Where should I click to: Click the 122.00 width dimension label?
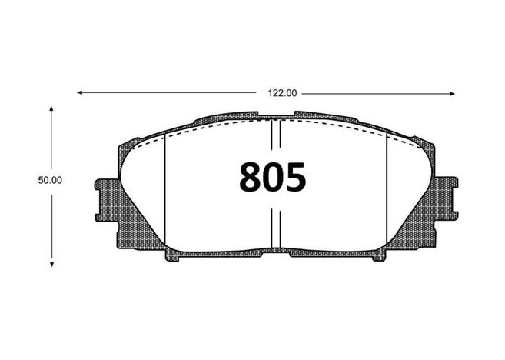[282, 94]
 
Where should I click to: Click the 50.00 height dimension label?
[50, 180]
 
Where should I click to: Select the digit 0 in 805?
[273, 177]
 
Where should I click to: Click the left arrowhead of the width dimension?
[79, 93]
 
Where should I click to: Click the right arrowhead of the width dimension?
[452, 94]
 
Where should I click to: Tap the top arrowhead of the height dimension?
[51, 108]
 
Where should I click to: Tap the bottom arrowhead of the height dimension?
[51, 265]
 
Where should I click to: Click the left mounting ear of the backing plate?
[106, 200]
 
